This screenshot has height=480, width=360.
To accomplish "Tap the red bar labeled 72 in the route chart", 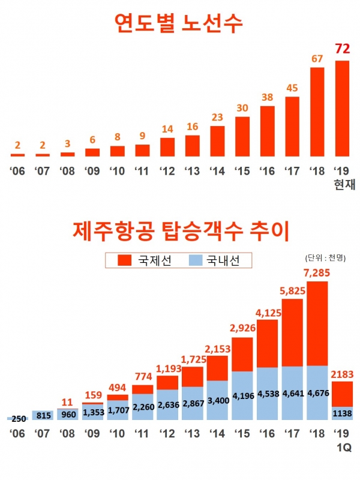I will (342, 107).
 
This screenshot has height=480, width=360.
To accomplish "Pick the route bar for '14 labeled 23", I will (217, 140).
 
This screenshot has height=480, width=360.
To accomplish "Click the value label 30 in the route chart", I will (242, 109).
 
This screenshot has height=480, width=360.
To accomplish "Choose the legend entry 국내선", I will (217, 260).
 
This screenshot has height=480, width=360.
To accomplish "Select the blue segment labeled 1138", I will (342, 413).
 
